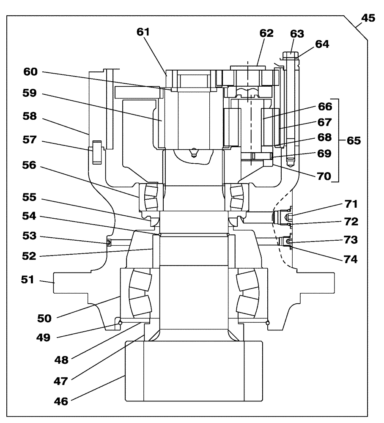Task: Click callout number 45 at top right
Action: coord(367,19)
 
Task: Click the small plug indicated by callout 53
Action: coord(108,242)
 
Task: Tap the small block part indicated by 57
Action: coord(96,151)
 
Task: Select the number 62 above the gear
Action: coord(267,33)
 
